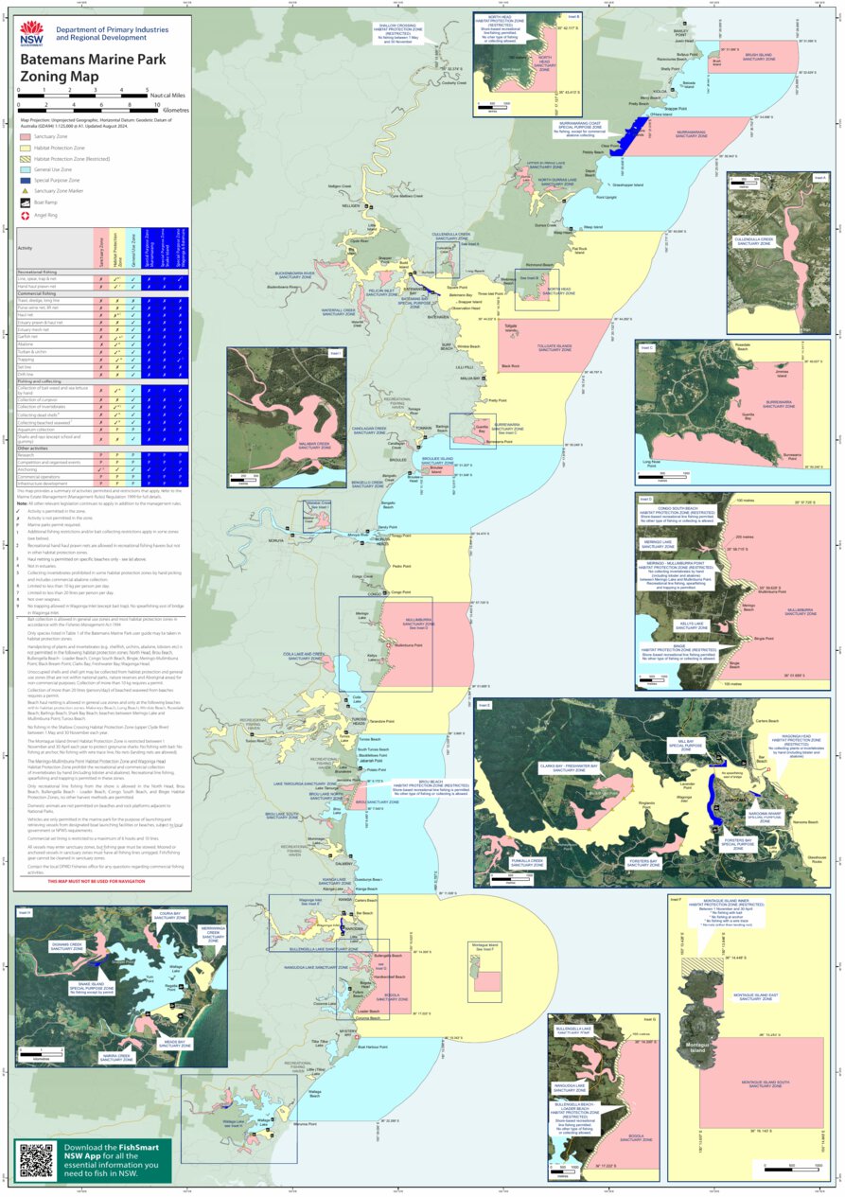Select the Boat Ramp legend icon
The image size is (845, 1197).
point(26,202)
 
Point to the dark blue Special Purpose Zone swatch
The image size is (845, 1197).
point(26,179)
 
